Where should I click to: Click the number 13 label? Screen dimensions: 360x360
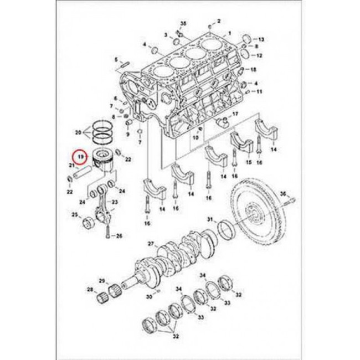262,40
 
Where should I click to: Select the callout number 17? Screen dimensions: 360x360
235,114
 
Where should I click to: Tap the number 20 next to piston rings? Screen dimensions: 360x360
78,133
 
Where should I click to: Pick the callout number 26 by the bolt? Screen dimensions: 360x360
119,236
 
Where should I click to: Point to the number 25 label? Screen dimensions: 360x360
74,214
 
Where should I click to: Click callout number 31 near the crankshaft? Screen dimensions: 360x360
210,221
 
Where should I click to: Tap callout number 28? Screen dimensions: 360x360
90,290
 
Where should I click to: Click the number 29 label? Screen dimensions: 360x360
102,280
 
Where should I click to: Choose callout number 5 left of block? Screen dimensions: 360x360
116,59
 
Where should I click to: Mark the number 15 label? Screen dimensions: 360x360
249,162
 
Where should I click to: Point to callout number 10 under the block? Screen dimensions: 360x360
195,137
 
